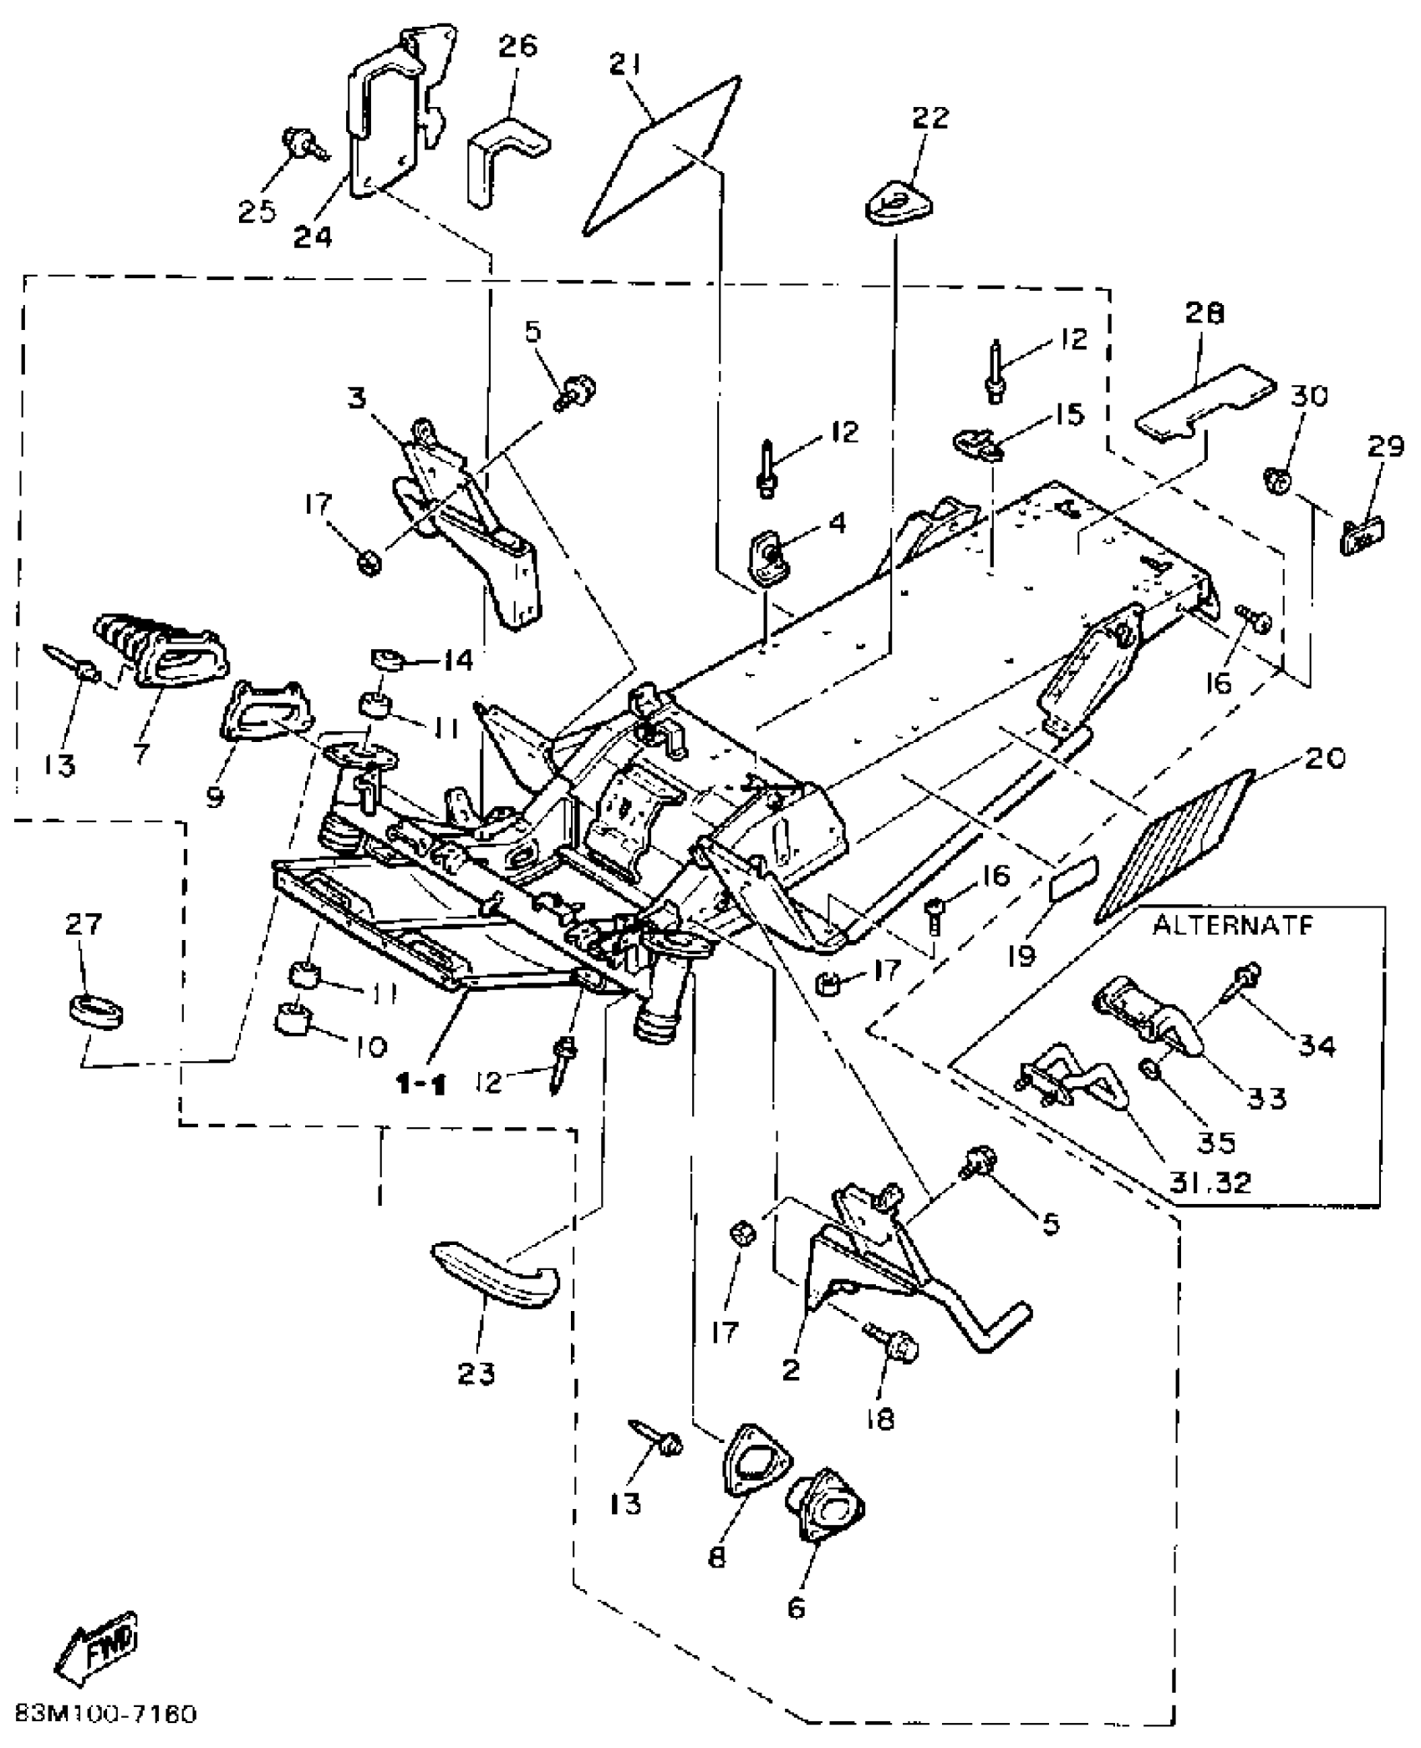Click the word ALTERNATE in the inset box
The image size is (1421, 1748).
point(1233,926)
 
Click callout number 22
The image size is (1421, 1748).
point(930,118)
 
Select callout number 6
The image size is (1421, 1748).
point(797,1607)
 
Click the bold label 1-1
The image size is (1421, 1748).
point(420,1085)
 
